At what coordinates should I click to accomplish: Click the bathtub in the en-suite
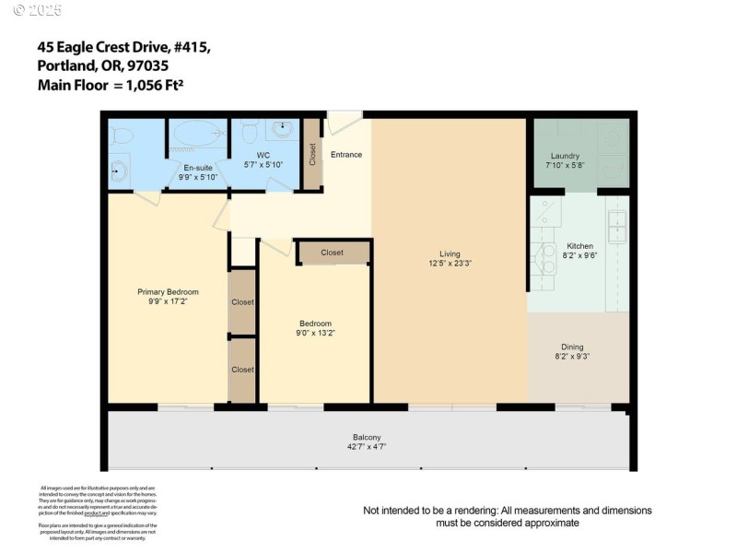197,135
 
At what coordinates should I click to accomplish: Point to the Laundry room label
564,156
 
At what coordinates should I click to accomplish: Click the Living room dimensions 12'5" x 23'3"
449,264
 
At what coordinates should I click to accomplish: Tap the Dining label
572,347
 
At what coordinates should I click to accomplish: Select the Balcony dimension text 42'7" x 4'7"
366,447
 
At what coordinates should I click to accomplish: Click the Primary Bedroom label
168,292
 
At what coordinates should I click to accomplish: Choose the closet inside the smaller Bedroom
333,253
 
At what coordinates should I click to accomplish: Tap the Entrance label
346,154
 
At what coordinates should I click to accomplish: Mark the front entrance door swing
343,123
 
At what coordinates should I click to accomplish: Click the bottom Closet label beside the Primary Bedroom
242,370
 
